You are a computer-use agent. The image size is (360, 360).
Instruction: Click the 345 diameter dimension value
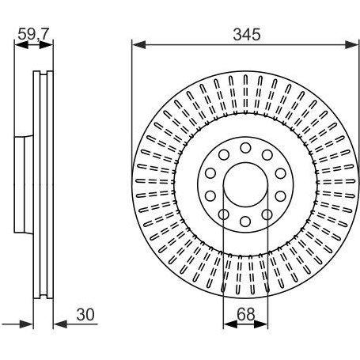pyautogui.click(x=247, y=35)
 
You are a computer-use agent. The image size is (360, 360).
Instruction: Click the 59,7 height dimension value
pyautogui.click(x=33, y=34)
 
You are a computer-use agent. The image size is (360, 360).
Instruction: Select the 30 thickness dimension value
pyautogui.click(x=85, y=315)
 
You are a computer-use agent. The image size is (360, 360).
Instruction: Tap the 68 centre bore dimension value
pyautogui.click(x=246, y=314)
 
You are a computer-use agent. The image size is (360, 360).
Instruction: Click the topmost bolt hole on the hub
pyautogui.click(x=245, y=148)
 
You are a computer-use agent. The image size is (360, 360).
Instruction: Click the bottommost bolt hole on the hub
pyautogui.click(x=245, y=222)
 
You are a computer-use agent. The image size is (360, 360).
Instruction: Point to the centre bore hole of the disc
pyautogui.click(x=245, y=185)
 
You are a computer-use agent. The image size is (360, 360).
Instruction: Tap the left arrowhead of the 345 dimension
pyautogui.click(x=138, y=44)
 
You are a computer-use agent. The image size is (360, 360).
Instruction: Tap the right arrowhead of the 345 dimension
pyautogui.click(x=352, y=44)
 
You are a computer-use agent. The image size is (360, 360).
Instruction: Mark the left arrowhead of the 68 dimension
pyautogui.click(x=230, y=324)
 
